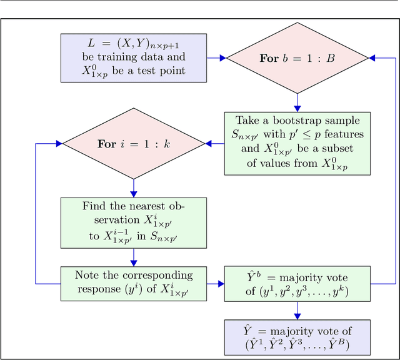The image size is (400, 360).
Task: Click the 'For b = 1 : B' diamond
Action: (x=297, y=58)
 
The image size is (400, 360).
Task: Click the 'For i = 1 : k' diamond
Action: (x=134, y=144)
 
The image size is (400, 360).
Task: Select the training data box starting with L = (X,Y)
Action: (x=134, y=57)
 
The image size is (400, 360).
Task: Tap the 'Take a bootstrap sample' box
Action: (x=297, y=144)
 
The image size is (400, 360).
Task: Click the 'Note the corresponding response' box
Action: (x=134, y=284)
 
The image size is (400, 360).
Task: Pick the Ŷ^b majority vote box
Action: (x=297, y=284)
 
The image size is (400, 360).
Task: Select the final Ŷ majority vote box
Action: (x=297, y=337)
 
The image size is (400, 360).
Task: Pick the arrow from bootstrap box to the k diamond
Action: (x=214, y=144)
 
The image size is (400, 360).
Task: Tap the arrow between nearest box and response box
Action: (x=134, y=257)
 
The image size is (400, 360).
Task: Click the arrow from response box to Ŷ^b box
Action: (x=216, y=284)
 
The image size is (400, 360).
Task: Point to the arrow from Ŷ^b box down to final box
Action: (x=297, y=311)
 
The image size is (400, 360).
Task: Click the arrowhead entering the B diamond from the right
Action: (x=373, y=58)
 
